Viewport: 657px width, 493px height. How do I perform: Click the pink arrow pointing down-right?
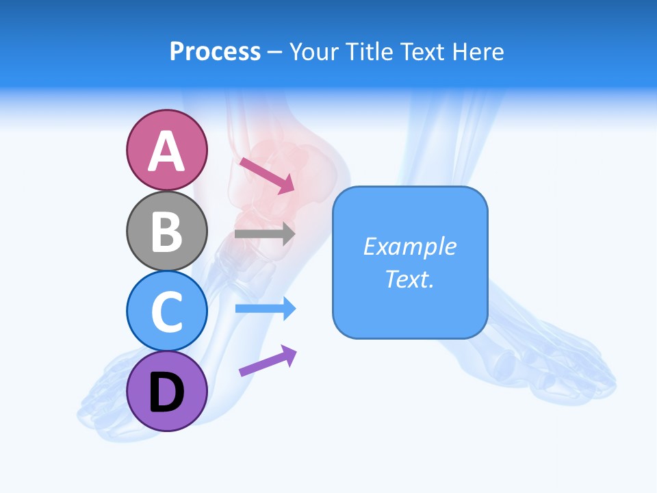[x=267, y=175]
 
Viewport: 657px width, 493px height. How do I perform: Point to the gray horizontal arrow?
[x=264, y=233]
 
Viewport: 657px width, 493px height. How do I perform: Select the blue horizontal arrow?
[x=265, y=309]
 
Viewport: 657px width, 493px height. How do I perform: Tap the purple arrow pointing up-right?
[x=268, y=361]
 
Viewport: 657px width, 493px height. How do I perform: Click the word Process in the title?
[x=215, y=52]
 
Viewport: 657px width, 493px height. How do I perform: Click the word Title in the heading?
[x=369, y=52]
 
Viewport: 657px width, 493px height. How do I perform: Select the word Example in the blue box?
[x=410, y=246]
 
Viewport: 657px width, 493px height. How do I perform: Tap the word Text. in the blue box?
[x=410, y=279]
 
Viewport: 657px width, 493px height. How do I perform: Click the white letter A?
[x=167, y=151]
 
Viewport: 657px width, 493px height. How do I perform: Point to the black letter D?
[x=167, y=392]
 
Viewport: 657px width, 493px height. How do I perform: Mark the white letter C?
[x=167, y=312]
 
